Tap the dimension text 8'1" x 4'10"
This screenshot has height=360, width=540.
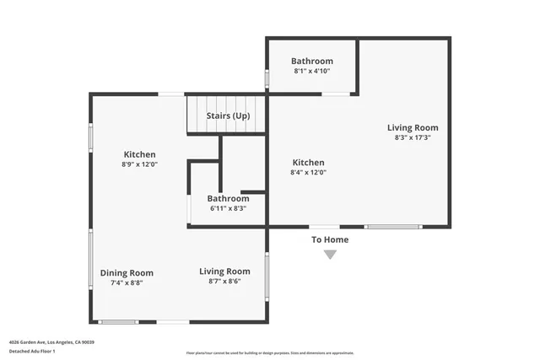coord(312,72)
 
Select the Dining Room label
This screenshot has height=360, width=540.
coord(127,272)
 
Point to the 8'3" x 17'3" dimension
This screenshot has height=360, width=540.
coord(413,137)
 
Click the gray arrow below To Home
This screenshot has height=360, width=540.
coord(330,255)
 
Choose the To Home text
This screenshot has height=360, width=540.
coord(330,239)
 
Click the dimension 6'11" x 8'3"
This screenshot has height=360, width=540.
coord(228,208)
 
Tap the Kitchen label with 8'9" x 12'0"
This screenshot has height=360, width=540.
coord(140,154)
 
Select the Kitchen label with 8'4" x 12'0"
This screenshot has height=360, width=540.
coord(308,162)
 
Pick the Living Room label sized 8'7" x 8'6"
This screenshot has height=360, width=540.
coord(224,271)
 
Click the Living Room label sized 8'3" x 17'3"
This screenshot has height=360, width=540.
coord(413,127)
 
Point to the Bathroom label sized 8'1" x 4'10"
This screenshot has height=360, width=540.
coord(312,61)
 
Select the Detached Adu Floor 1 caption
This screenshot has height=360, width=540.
coord(32,350)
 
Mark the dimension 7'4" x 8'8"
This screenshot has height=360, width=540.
coord(127,283)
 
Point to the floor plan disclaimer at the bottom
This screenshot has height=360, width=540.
coord(270,353)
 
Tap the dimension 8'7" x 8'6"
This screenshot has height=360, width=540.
coord(224,282)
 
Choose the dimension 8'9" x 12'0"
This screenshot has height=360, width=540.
coord(140,164)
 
